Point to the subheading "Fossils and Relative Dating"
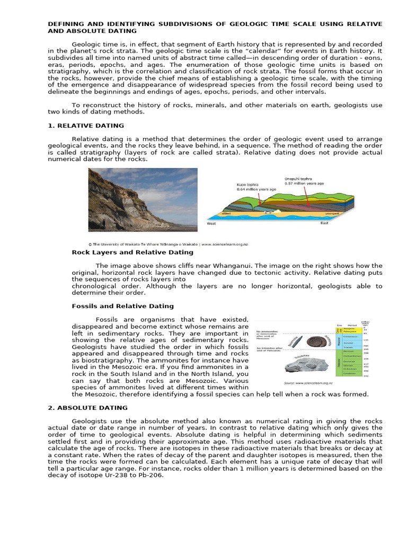(122, 306)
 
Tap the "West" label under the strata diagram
(211, 224)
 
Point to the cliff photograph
(143, 198)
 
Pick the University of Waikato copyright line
(169, 244)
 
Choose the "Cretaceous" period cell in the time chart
(350, 336)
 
